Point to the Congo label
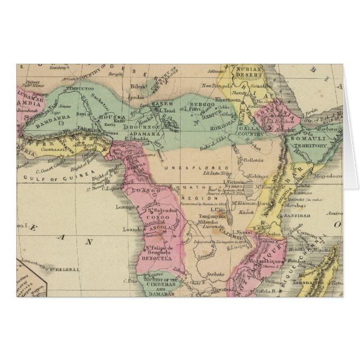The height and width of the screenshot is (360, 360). (155, 212)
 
